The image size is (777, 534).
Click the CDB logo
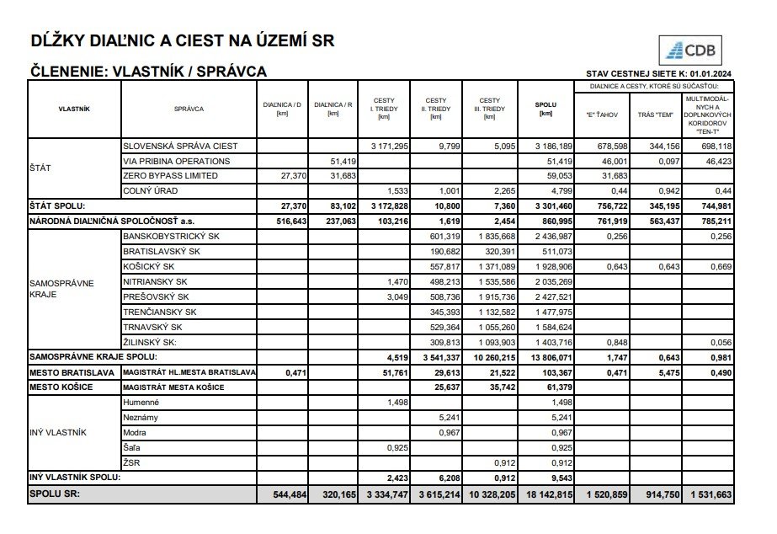click(693, 51)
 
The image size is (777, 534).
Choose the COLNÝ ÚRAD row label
click(146, 190)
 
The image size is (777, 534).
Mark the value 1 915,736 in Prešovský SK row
click(496, 296)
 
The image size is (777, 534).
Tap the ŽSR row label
click(133, 462)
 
